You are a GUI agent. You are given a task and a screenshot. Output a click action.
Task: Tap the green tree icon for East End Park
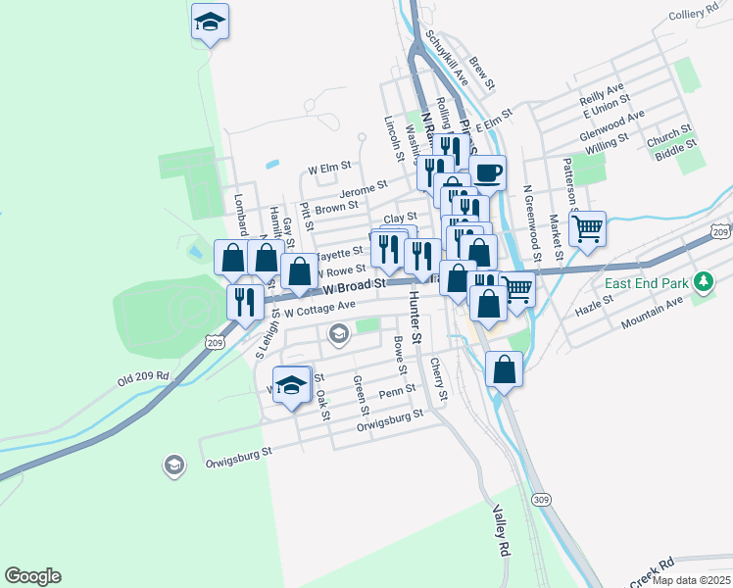pyautogui.click(x=703, y=283)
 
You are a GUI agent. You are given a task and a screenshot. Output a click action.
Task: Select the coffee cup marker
pyautogui.click(x=488, y=173)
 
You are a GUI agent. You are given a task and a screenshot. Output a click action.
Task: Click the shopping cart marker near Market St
pyautogui.click(x=588, y=229)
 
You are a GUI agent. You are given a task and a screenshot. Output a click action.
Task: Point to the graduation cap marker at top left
pyautogui.click(x=210, y=21)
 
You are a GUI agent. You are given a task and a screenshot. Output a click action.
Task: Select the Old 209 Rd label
pyautogui.click(x=144, y=376)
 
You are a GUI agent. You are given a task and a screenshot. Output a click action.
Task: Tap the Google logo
pyautogui.click(x=32, y=576)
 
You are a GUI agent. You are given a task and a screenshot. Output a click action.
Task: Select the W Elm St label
pyautogui.click(x=329, y=168)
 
